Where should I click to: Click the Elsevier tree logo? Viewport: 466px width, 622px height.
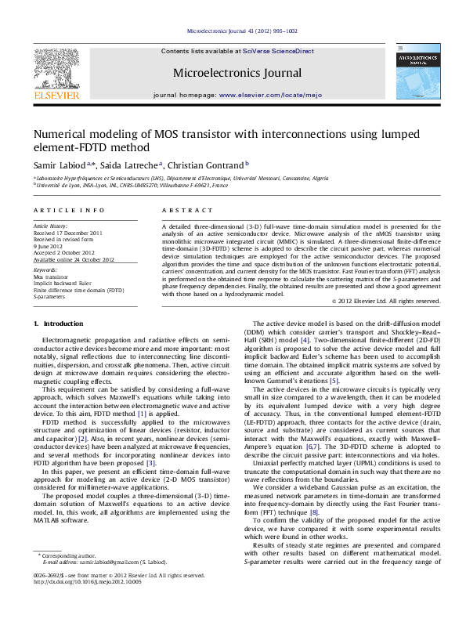(x=56, y=67)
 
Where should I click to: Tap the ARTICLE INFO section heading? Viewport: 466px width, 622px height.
(x=69, y=212)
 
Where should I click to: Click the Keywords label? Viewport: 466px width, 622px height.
(x=45, y=270)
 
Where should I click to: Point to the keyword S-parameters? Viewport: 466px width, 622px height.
(x=50, y=298)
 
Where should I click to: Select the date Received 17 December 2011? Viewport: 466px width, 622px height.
(x=68, y=233)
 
